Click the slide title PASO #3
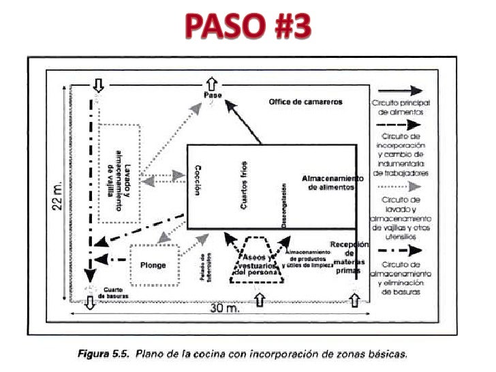click(x=249, y=27)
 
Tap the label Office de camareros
click(x=305, y=102)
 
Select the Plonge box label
click(x=153, y=264)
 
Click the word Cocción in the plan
click(x=198, y=180)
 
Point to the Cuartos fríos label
click(x=244, y=185)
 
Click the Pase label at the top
click(x=213, y=94)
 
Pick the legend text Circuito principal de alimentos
click(x=401, y=106)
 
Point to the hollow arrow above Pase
click(x=213, y=82)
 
